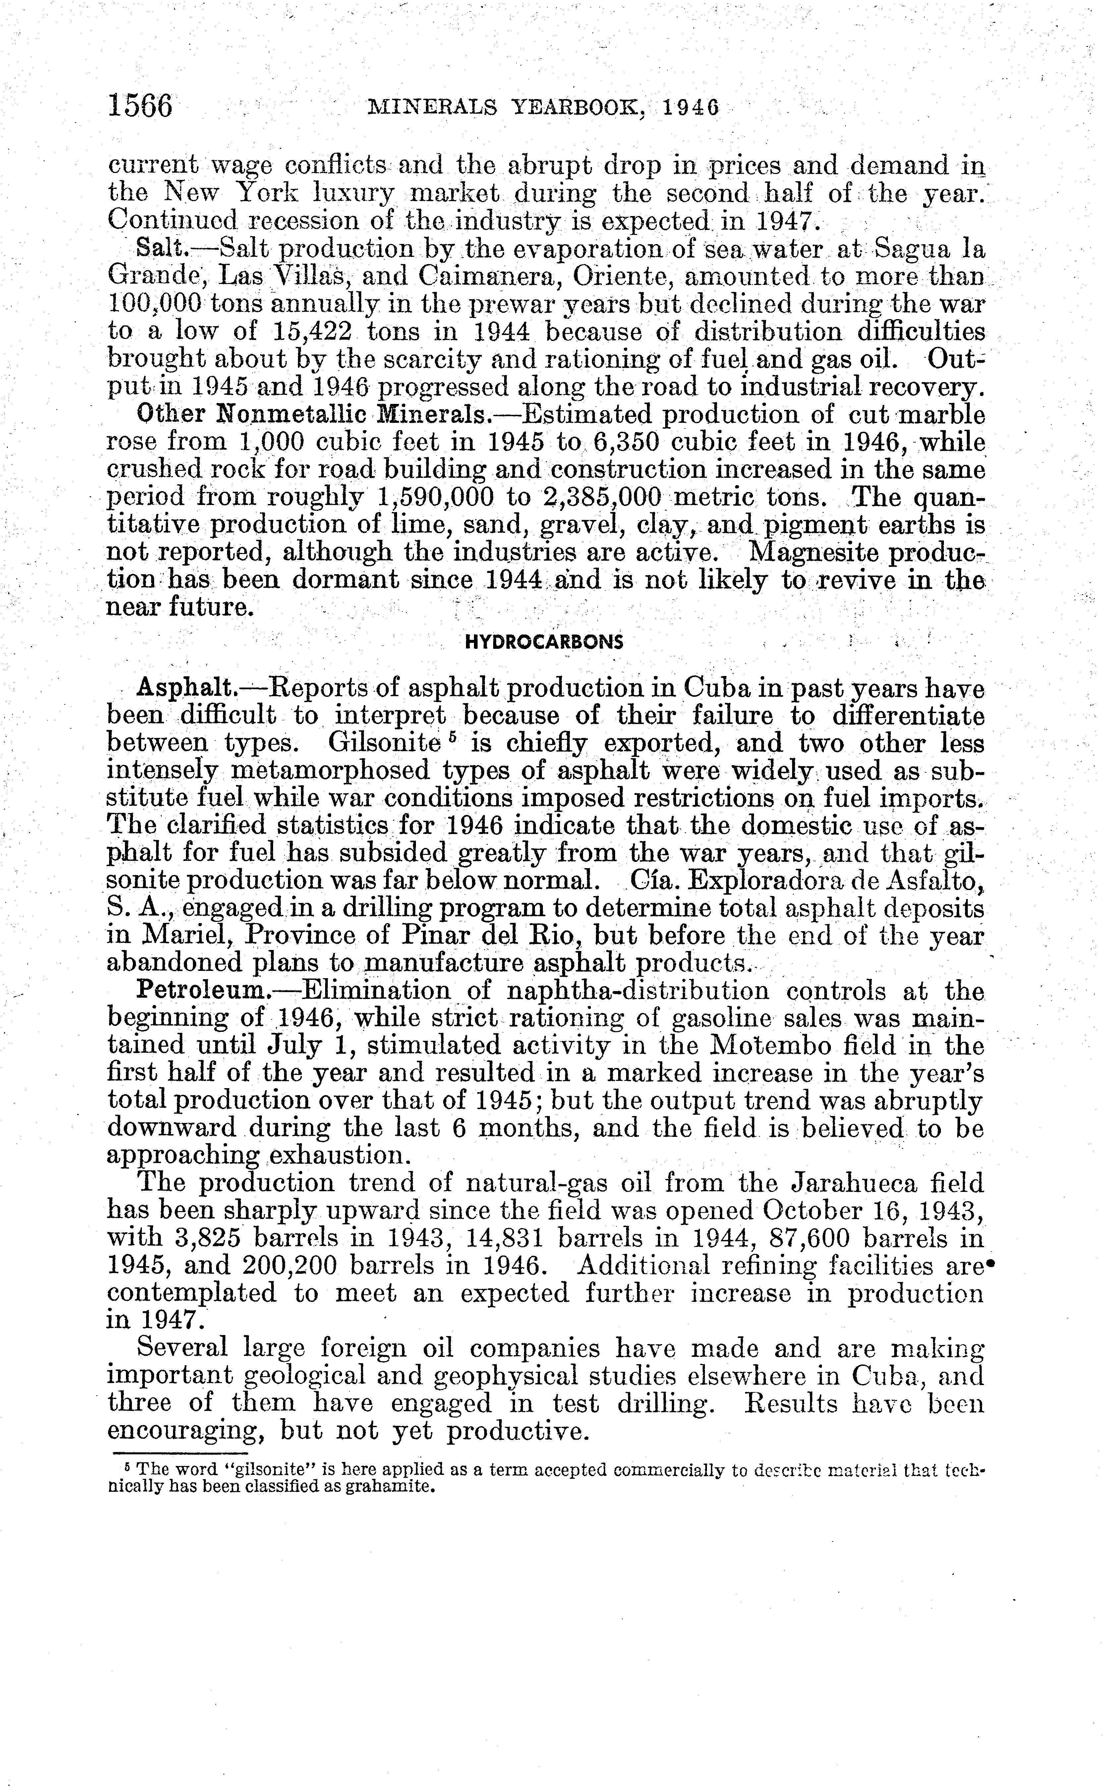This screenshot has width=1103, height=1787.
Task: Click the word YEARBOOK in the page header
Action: (576, 108)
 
